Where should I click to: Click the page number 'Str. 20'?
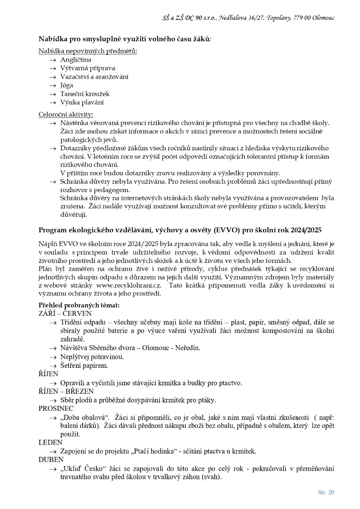(326, 492)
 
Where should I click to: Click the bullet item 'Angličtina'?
(76, 60)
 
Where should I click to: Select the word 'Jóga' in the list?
(66, 85)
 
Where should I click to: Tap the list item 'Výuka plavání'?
(82, 102)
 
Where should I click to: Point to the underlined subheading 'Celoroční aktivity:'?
(66, 115)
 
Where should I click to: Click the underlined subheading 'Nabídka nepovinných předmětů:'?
(88, 51)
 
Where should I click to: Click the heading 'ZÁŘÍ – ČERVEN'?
(65, 313)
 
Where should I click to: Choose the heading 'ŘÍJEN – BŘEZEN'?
(66, 391)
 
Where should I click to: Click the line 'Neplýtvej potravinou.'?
(92, 357)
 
